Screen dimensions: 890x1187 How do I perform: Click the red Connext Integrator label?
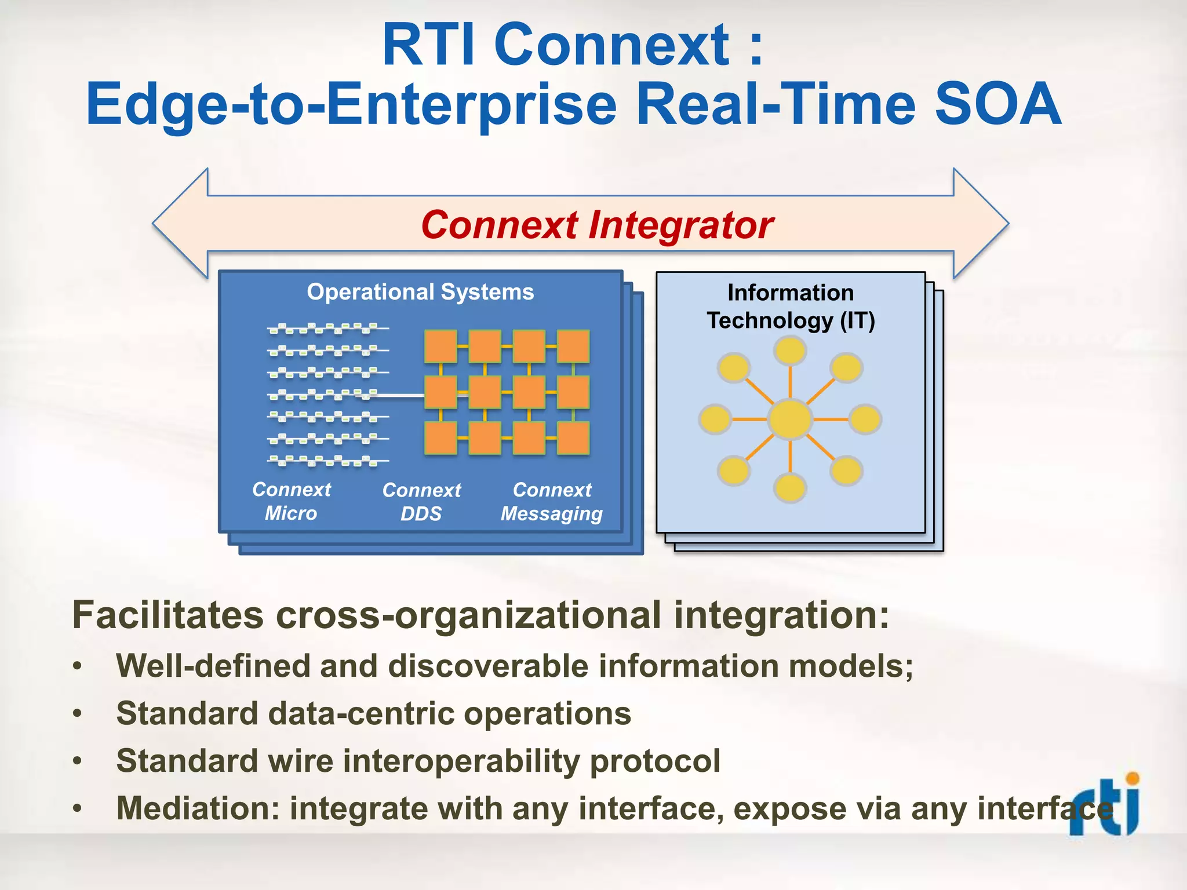[597, 225]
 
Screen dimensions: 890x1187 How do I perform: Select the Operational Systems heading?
[420, 292]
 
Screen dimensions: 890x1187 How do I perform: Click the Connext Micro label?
[291, 501]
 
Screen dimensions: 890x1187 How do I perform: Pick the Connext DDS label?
[421, 502]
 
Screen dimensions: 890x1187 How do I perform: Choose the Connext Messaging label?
[552, 502]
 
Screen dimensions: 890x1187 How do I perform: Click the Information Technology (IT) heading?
[791, 307]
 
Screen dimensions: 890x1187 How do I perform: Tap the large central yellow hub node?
[790, 419]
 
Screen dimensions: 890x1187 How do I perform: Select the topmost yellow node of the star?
[790, 351]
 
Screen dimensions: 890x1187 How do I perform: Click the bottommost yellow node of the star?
[790, 487]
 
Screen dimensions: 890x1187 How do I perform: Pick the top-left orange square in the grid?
[440, 346]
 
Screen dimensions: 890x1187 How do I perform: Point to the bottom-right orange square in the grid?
[573, 438]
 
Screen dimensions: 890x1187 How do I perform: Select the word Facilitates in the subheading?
[168, 615]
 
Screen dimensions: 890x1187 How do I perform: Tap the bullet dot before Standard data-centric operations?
[78, 714]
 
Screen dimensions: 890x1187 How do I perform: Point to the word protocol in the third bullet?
[655, 761]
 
